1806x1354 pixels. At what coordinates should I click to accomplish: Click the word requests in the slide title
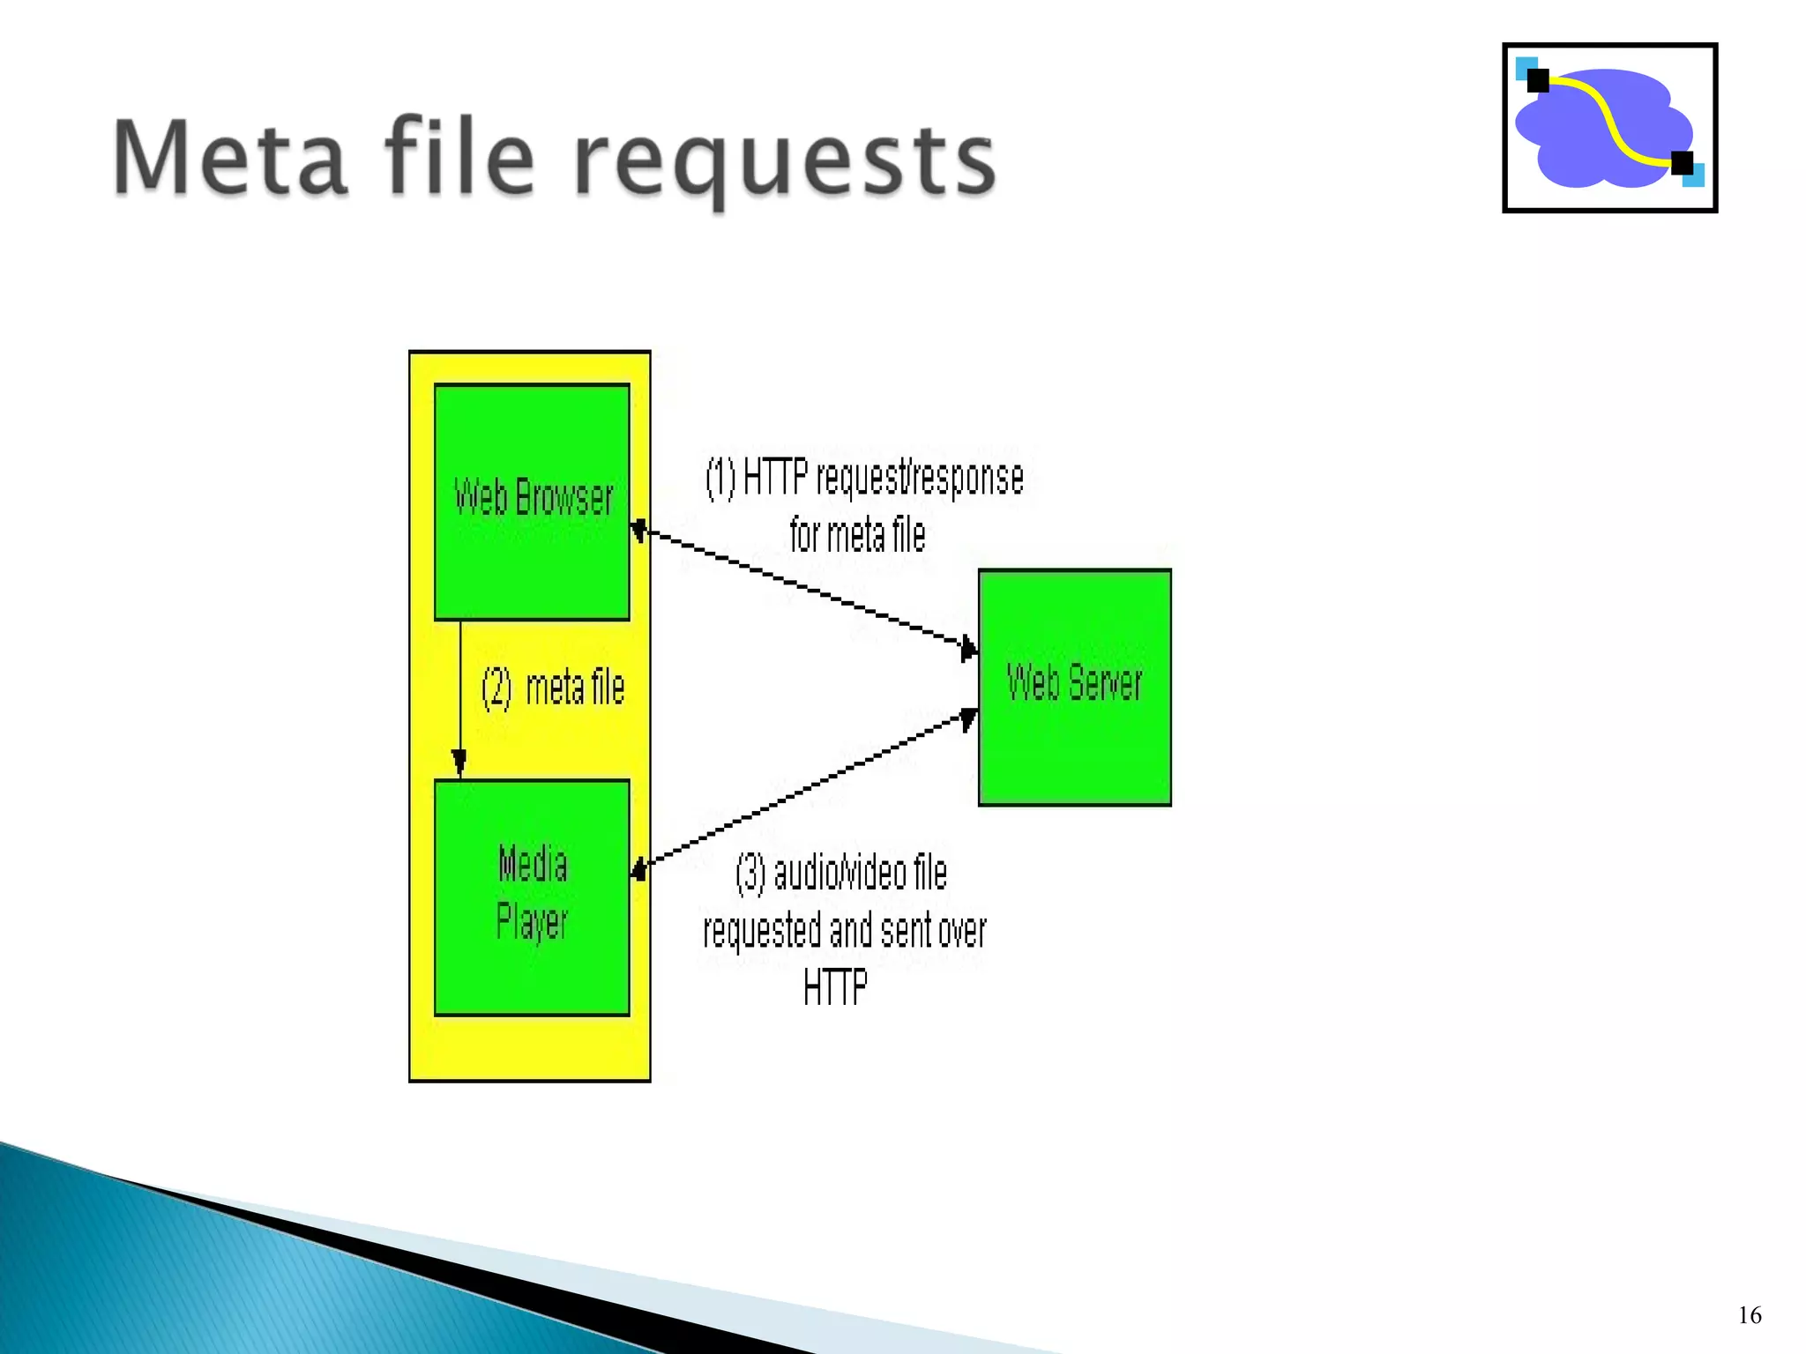(x=785, y=163)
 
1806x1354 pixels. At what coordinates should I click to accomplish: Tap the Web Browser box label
(x=533, y=497)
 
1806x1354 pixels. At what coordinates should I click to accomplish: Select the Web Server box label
(x=1074, y=682)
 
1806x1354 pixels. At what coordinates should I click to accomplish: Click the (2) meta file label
(x=553, y=688)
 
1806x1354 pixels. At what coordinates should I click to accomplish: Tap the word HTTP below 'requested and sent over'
(x=835, y=987)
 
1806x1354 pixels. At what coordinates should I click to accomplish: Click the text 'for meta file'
(x=857, y=535)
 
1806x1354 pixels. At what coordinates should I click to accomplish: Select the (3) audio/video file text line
(x=841, y=874)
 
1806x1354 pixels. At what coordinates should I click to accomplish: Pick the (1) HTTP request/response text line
(x=864, y=478)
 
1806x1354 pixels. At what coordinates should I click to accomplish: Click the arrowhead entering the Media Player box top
(x=459, y=763)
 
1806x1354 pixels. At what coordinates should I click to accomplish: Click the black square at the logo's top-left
(x=1538, y=80)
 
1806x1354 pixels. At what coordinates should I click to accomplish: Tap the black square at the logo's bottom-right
(x=1682, y=163)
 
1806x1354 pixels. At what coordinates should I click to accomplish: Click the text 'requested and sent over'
(x=844, y=931)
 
